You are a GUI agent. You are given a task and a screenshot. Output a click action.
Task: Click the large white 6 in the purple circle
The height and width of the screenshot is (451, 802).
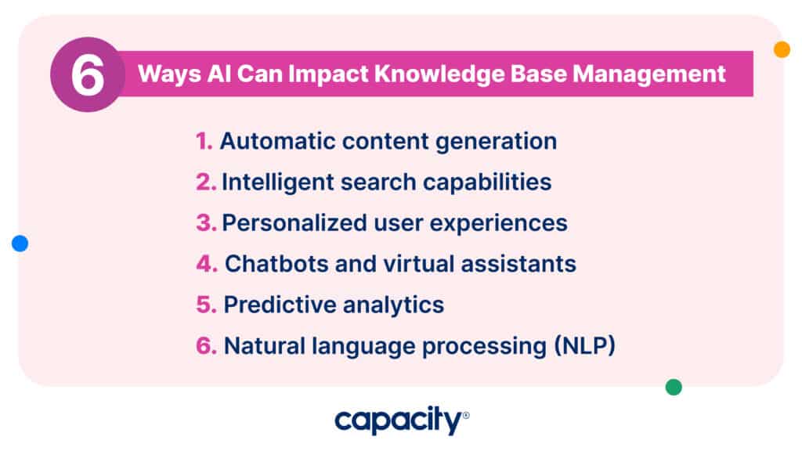(x=88, y=75)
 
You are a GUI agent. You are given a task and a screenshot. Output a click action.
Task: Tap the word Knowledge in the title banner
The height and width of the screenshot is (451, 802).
(x=439, y=74)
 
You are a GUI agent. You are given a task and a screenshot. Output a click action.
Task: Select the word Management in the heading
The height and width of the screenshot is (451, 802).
(x=648, y=74)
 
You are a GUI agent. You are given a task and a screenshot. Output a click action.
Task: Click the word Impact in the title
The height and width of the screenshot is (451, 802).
(x=328, y=74)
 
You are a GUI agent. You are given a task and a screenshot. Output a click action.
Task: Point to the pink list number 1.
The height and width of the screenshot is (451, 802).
(x=204, y=141)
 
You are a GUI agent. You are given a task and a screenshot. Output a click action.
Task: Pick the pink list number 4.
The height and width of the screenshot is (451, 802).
(x=207, y=264)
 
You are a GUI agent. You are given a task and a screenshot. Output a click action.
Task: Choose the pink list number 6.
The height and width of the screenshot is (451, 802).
(x=206, y=345)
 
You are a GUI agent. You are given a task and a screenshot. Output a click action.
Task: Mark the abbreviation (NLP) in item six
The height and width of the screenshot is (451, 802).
(x=584, y=345)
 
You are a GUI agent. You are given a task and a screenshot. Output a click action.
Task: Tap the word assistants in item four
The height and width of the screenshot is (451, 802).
(x=518, y=264)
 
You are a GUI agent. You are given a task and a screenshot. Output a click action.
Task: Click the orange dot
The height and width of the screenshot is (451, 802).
(x=782, y=49)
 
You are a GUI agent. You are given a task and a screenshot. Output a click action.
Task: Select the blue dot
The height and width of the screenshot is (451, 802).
(x=20, y=244)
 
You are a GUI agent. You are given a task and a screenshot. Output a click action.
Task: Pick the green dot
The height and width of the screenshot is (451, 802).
(x=674, y=387)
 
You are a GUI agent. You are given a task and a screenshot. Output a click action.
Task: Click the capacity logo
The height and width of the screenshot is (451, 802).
(x=402, y=420)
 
